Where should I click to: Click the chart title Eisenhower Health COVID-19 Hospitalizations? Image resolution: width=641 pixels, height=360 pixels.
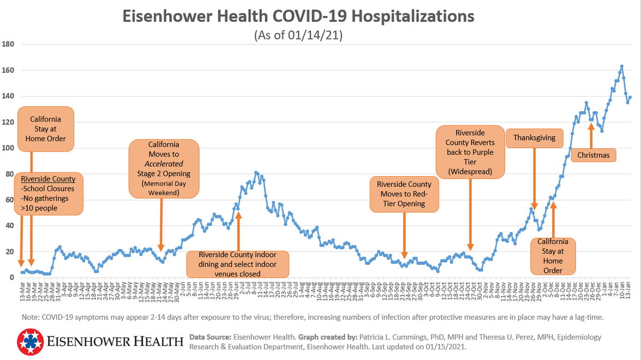click(298, 16)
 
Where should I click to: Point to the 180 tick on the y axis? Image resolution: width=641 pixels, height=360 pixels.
click(9, 44)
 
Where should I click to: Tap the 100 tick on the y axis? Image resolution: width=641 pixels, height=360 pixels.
click(9, 148)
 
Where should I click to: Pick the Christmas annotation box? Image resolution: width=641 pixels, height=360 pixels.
click(593, 155)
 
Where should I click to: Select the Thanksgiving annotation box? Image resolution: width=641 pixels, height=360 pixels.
click(534, 138)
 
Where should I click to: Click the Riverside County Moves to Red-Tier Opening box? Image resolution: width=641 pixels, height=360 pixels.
click(404, 193)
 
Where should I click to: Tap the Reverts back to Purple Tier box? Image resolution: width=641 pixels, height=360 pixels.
click(470, 152)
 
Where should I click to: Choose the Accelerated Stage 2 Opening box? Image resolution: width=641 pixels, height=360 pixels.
click(164, 169)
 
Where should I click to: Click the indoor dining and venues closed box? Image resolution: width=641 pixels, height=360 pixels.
click(238, 264)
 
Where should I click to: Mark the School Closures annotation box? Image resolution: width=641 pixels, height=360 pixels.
click(48, 193)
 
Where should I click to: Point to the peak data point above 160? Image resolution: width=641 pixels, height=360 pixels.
click(622, 66)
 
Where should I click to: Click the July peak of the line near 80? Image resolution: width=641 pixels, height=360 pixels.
click(256, 173)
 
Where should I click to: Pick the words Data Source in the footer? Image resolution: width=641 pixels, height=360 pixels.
click(209, 337)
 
